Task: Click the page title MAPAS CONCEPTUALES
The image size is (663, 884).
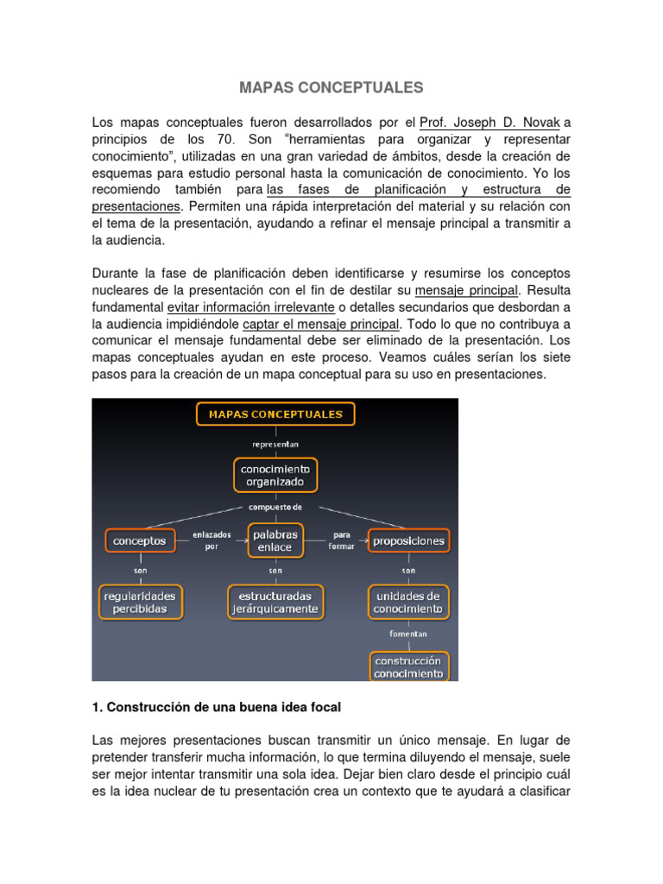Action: pos(331,87)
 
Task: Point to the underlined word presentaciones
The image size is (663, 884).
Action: pos(136,207)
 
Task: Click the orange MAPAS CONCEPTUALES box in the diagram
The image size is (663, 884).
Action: pos(275,414)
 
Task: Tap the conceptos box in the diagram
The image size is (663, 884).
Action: pos(139,541)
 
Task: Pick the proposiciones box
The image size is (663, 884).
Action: pos(408,541)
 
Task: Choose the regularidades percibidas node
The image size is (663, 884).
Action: pos(139,603)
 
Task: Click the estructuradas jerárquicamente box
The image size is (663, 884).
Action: pos(275,603)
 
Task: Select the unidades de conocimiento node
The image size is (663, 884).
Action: pos(408,603)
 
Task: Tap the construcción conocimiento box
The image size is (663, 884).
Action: pos(408,666)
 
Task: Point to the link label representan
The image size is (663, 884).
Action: pos(275,445)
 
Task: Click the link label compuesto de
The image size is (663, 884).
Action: pos(275,507)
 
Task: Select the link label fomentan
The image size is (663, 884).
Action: pos(408,634)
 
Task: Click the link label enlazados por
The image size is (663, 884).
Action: pos(212,540)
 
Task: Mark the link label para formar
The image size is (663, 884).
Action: pos(342,540)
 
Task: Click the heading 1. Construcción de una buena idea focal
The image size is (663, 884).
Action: pos(216,707)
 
